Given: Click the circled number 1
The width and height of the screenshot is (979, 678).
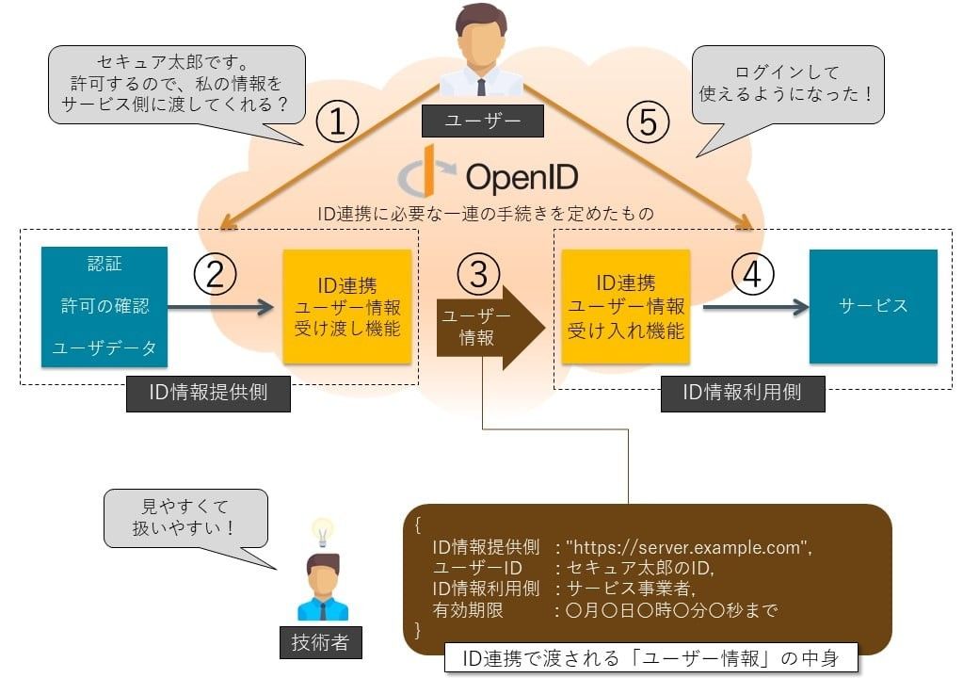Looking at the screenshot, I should pyautogui.click(x=338, y=123).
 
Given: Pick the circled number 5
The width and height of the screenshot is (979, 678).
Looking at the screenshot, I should pyautogui.click(x=648, y=123).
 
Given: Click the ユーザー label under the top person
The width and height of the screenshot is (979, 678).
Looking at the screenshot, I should pyautogui.click(x=483, y=121).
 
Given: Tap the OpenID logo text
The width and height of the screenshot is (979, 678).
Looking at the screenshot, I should pyautogui.click(x=521, y=176).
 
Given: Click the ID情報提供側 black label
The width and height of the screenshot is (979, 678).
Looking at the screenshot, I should pyautogui.click(x=208, y=394).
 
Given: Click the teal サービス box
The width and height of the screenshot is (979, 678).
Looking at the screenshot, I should pyautogui.click(x=873, y=306).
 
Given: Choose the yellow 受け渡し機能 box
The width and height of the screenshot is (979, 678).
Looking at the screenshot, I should pyautogui.click(x=347, y=306).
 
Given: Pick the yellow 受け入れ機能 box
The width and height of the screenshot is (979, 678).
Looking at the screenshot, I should pyautogui.click(x=625, y=306).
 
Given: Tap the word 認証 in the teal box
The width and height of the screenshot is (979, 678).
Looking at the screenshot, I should pyautogui.click(x=105, y=264).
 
